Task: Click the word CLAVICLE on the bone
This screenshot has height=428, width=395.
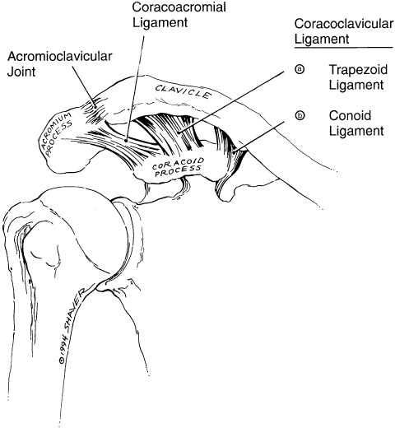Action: click(184, 91)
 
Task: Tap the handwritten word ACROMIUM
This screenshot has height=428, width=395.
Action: click(56, 130)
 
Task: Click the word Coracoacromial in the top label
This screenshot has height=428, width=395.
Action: click(179, 7)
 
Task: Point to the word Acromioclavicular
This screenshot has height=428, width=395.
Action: click(60, 56)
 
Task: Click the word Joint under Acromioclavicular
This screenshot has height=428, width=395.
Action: click(21, 72)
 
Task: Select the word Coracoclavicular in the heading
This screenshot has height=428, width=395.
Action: click(344, 24)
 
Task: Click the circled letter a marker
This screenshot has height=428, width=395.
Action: click(300, 69)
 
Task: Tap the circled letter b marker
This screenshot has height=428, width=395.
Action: click(300, 115)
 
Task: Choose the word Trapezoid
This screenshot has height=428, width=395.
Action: click(358, 70)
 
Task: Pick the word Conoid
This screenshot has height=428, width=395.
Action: click(350, 115)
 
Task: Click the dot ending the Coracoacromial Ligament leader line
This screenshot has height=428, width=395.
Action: click(126, 140)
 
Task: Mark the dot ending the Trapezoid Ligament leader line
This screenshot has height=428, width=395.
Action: click(179, 133)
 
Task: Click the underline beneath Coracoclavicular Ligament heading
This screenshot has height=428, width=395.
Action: click(344, 48)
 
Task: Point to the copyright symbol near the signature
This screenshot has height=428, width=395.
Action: click(62, 361)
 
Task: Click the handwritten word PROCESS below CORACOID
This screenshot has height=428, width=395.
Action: click(179, 171)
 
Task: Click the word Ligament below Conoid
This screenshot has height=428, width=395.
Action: click(356, 131)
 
